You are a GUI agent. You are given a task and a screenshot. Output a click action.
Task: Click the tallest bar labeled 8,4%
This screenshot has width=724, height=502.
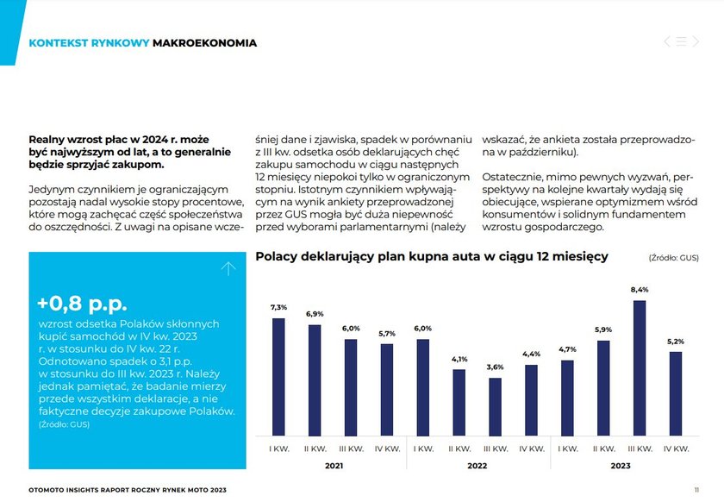[640, 368]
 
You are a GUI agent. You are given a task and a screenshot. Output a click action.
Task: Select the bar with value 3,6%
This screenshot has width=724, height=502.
[495, 407]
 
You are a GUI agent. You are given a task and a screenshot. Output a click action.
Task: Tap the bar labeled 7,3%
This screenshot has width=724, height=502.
[278, 377]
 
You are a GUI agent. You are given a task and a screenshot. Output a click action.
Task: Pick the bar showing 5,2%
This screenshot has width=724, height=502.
[676, 394]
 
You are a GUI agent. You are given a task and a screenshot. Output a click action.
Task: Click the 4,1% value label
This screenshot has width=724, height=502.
[459, 359]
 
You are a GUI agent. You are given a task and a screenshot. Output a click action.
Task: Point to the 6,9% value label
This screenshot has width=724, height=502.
[315, 314]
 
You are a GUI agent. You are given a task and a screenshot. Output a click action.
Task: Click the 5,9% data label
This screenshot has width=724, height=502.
[603, 329]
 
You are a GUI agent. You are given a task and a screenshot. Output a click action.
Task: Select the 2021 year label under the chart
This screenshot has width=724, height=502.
[334, 466]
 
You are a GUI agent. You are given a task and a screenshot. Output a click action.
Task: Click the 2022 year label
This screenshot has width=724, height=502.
[477, 466]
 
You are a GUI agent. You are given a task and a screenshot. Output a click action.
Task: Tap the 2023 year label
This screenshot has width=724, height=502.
[621, 466]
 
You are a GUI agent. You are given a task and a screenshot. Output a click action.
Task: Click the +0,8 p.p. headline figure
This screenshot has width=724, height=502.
[82, 304]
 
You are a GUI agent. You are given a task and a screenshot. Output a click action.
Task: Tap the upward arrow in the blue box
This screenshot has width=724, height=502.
[228, 268]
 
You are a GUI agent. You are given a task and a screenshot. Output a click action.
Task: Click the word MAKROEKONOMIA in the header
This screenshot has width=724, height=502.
[204, 43]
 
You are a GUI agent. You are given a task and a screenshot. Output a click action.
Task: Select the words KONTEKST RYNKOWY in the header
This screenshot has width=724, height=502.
[89, 43]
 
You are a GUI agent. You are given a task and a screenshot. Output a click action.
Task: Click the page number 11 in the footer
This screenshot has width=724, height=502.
[696, 490]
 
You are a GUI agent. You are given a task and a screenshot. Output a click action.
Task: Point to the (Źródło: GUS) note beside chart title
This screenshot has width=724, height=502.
[674, 258]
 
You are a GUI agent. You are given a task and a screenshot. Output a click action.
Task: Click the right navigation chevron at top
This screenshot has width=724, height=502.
[696, 41]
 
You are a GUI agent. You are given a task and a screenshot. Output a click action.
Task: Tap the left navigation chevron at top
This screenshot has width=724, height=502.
[667, 41]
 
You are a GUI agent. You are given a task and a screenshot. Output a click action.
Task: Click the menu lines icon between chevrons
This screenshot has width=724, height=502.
[682, 41]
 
